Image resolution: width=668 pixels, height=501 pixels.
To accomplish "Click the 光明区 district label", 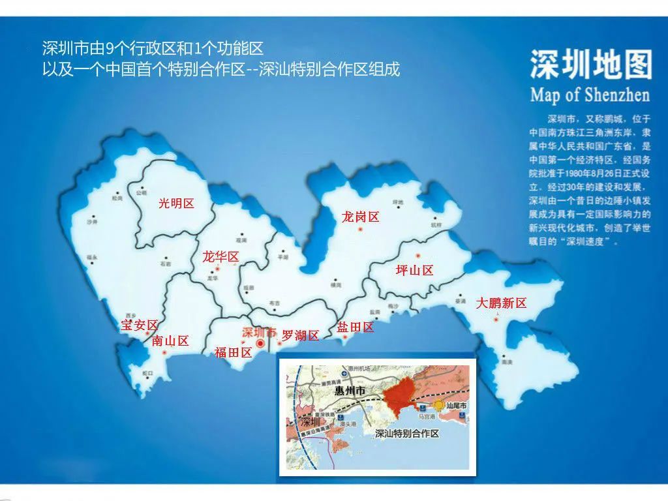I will [177, 204].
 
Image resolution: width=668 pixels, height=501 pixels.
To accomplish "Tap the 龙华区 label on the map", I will [220, 256].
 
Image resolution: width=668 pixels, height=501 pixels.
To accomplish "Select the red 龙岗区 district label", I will [360, 217].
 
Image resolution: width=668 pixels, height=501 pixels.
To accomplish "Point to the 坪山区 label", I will [414, 270].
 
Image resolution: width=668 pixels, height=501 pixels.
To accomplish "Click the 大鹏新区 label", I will [501, 303].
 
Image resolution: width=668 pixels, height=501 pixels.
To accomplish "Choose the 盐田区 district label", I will [356, 327].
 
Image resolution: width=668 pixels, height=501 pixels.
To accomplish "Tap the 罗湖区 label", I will [300, 335].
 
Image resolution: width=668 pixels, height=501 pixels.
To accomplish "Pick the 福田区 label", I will [233, 353].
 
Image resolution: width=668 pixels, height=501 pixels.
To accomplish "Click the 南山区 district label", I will [170, 341].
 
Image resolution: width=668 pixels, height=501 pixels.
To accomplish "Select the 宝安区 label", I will [140, 325].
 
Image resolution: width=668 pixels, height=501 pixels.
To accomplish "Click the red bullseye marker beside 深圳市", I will [260, 342].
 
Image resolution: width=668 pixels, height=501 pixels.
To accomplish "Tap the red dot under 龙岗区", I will [360, 230].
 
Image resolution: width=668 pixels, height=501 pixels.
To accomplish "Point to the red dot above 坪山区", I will [419, 255].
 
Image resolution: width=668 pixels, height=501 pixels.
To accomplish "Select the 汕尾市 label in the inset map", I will [455, 406].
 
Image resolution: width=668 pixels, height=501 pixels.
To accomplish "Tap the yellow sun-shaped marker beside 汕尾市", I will [439, 405].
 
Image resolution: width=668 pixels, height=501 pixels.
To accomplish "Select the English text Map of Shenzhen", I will [590, 95].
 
